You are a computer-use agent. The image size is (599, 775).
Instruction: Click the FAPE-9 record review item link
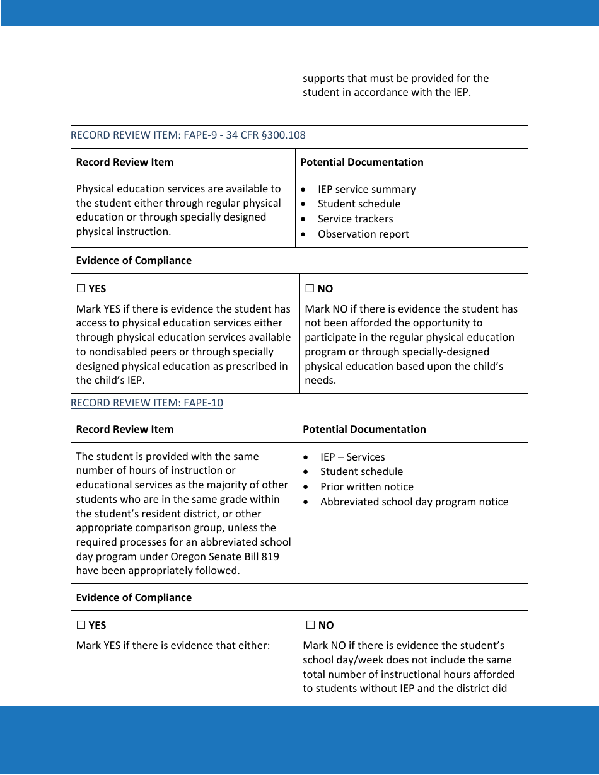(x=188, y=135)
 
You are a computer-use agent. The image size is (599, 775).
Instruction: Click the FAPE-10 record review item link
(x=146, y=403)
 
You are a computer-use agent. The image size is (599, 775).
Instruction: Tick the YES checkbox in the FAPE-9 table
(x=81, y=289)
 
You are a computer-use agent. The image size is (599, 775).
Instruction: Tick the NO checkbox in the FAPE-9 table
(x=310, y=289)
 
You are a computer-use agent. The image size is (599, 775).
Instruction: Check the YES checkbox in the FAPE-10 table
(x=81, y=625)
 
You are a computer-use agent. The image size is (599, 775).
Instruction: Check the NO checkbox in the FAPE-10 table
(x=310, y=625)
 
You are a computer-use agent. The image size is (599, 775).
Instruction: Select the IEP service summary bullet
(x=366, y=189)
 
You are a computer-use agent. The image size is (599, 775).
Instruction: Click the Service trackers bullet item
(x=355, y=219)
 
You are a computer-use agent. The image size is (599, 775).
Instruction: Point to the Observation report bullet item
(x=363, y=234)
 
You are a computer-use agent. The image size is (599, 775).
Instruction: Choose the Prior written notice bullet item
(x=366, y=486)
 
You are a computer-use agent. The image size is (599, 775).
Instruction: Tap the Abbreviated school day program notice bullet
(x=414, y=502)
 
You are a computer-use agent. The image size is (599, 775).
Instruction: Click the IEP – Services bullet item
(x=352, y=457)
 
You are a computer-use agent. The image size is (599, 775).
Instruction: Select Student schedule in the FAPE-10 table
(x=361, y=471)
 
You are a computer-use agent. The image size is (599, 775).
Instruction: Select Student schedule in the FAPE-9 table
(x=359, y=204)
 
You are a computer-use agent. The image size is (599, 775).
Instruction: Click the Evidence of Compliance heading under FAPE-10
(x=134, y=597)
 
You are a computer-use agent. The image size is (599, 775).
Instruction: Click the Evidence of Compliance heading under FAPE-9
(x=134, y=260)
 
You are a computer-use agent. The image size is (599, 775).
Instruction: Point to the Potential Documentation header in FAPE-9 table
(x=362, y=162)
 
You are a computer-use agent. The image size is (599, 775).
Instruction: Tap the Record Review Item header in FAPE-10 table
(x=124, y=429)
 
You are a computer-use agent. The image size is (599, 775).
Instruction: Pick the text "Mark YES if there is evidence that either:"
(x=173, y=645)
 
